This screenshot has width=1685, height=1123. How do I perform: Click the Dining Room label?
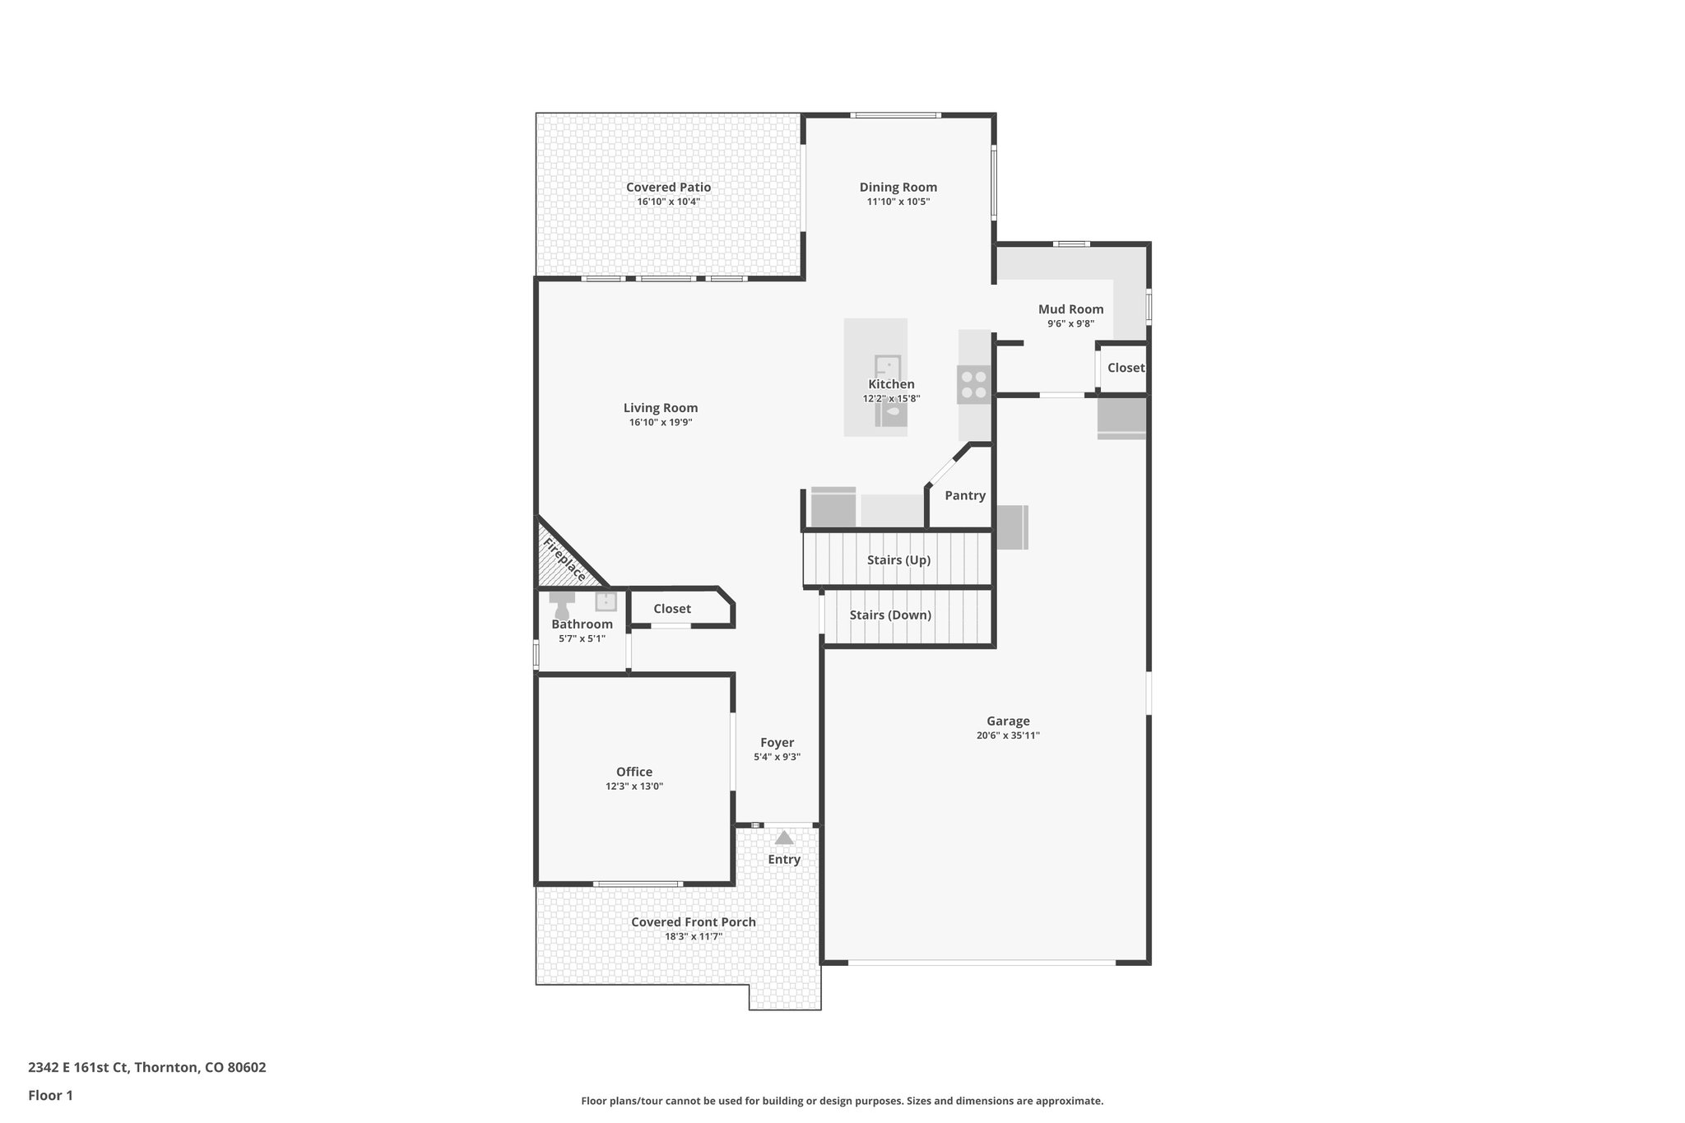pos(898,188)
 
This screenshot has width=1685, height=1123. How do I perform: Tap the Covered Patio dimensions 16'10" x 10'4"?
pos(668,202)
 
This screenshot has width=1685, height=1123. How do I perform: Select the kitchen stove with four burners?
pos(974,385)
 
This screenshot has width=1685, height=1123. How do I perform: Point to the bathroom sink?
pos(606,601)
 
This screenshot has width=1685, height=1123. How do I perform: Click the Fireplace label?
pos(564,559)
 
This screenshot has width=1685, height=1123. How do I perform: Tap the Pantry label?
pos(964,495)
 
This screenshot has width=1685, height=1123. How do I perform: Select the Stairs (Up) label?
pos(898,560)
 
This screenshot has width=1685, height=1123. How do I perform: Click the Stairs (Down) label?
pos(890,615)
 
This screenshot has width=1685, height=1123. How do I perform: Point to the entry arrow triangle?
pos(784,838)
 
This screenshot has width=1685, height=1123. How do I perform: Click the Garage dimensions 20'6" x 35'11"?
pos(1008,736)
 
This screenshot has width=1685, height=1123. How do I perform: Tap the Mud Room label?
pos(1070,309)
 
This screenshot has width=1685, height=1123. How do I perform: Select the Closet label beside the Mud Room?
pos(1125,368)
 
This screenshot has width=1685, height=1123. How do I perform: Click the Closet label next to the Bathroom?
pos(672,609)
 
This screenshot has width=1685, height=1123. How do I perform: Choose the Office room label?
pos(634,772)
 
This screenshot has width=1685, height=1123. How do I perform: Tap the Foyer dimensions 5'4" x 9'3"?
pos(777,757)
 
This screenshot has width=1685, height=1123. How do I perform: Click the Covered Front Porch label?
pos(693,922)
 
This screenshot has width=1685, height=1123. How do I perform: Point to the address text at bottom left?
pos(147,1068)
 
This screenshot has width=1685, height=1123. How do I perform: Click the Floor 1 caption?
pos(51,1095)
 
